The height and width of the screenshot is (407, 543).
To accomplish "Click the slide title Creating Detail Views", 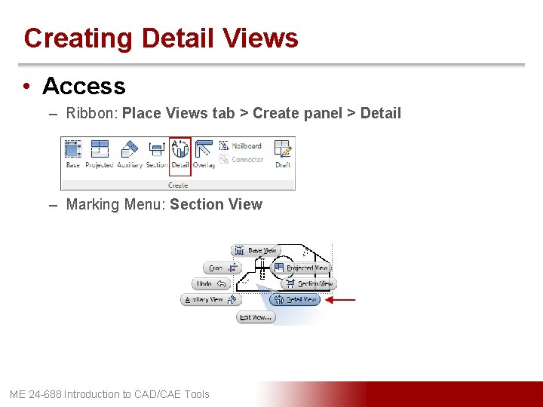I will click(161, 38).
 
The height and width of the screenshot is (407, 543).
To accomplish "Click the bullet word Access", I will click(84, 87).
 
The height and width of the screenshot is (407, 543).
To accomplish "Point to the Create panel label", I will click(178, 185).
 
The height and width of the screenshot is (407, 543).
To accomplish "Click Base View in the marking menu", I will click(256, 250).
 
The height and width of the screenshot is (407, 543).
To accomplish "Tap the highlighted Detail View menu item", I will click(295, 299).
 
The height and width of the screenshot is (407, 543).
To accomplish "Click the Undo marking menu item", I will click(210, 284).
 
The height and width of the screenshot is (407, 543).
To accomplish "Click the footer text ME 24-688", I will click(109, 394).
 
